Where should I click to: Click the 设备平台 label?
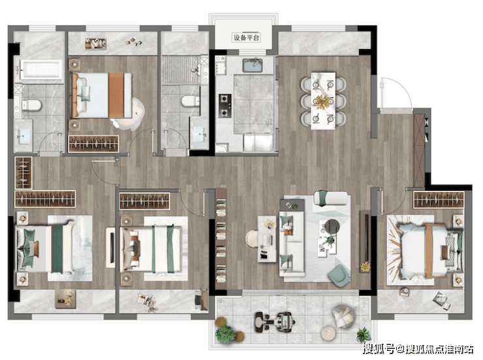pos(246,38)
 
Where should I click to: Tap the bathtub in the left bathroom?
pos(41,68)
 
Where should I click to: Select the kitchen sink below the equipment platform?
pos(253,65)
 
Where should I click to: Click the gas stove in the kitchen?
pos(225,106)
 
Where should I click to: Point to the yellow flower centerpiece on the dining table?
pos(322,101)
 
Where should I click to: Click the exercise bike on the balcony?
pos(275,321)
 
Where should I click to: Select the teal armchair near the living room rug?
pos(339,274)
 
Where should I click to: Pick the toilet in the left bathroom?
pos(31,105)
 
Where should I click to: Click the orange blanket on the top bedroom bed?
pos(116,95)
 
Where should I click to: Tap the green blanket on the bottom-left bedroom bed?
pos(57,248)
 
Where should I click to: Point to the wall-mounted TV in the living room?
pos(366,238)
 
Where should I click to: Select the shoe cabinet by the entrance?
pos(419,150)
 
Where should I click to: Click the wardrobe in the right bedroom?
pos(439,199)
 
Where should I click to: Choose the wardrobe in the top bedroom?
pos(93,144)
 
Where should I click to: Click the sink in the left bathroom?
pos(23,137)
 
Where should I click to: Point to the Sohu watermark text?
pos(418,349)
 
